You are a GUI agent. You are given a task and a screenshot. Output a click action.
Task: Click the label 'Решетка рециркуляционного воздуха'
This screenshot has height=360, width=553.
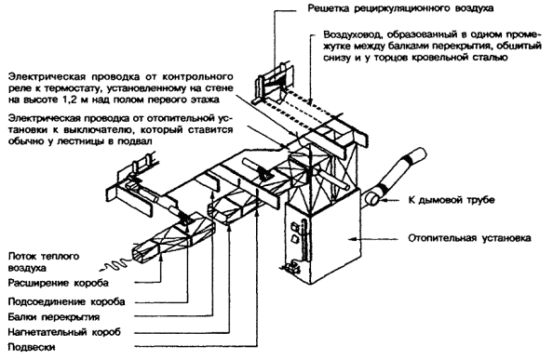tap(400, 8)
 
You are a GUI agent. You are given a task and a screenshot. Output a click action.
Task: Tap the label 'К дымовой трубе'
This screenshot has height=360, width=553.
tap(452, 200)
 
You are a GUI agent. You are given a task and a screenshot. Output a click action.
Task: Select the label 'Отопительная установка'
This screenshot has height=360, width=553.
tap(469, 238)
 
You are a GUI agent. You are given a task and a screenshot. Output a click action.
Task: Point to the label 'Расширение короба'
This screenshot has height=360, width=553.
tap(59, 283)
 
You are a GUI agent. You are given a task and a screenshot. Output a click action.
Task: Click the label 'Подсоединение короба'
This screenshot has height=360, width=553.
tap(66, 302)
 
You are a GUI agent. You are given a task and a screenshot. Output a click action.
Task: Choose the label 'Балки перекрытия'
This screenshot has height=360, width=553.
tap(54, 317)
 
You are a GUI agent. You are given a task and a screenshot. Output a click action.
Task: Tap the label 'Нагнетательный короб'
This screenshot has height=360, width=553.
tap(64, 332)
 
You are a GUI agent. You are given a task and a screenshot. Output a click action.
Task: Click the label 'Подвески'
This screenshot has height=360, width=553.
tap(32, 347)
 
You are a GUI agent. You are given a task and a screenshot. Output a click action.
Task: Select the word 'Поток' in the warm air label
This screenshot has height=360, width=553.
tap(21, 256)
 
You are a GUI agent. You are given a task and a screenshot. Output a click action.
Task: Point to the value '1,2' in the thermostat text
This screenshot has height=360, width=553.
tap(69, 100)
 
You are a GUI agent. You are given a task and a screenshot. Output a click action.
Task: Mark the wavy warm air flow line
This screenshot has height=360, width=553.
tap(116, 265)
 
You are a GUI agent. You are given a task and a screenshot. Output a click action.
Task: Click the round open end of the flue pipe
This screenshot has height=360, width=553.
tap(371, 199)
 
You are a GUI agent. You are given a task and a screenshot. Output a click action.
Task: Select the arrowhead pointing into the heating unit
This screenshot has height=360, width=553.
tap(351, 239)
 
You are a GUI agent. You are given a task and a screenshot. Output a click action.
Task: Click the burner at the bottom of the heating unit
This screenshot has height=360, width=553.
tap(292, 268)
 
